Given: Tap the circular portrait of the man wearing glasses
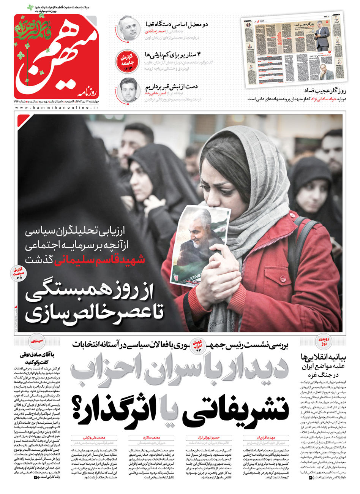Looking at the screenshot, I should [x=127, y=28].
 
